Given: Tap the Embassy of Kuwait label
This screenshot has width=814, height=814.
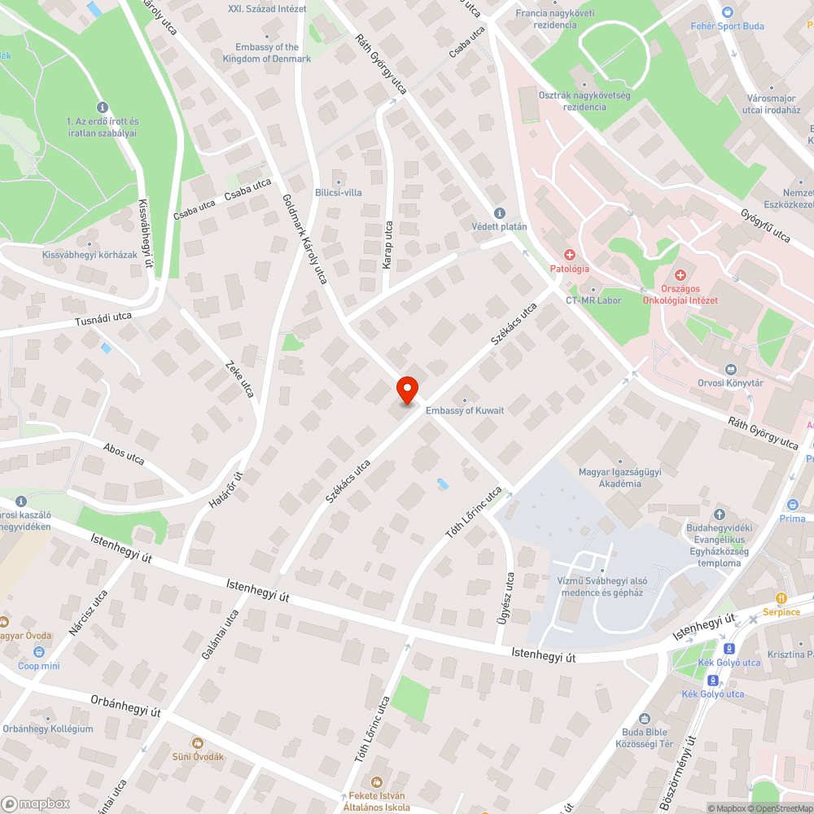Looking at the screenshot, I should (x=465, y=410).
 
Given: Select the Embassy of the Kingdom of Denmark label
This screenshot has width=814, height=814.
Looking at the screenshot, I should (x=267, y=53).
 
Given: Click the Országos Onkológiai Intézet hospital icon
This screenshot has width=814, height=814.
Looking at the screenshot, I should (x=680, y=277).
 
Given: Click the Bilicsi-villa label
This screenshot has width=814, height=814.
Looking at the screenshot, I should (x=338, y=192).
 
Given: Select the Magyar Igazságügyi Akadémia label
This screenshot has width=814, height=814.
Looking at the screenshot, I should (x=620, y=478).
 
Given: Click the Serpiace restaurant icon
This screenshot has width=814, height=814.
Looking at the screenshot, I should (x=781, y=598).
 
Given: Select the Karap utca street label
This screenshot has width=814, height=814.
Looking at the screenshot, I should (x=387, y=246).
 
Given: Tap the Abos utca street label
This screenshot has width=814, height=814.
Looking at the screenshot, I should (x=124, y=453).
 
